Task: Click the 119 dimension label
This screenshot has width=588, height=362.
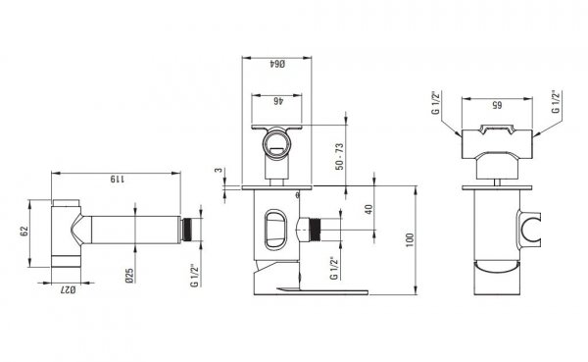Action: coord(117,179)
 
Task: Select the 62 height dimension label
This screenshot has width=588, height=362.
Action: coord(24,232)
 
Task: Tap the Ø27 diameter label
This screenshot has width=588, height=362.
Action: coord(68,289)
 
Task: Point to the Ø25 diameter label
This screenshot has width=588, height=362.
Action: coord(129,276)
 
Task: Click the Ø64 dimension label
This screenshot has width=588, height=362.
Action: coord(277,64)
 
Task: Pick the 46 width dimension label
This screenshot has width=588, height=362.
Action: coord(277,101)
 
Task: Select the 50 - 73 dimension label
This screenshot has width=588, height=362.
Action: coord(339,157)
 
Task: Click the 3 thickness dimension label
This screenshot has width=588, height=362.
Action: coord(219,171)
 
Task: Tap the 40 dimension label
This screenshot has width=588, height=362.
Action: coord(369,209)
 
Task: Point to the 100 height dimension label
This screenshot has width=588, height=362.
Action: coord(410,240)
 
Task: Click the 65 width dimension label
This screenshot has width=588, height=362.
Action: coord(497,105)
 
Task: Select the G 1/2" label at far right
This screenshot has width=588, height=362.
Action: coord(556,101)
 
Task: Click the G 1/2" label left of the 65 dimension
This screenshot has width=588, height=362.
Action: coord(436,102)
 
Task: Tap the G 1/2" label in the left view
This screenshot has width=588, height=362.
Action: coord(194,276)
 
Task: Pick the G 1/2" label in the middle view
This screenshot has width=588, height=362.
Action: coord(334,269)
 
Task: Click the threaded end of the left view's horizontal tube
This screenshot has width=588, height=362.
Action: coord(187,230)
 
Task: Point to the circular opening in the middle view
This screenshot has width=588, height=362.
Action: coord(276,143)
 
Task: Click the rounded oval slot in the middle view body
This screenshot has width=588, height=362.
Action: coord(275,230)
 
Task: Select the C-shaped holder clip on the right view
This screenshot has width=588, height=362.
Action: coord(528,229)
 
